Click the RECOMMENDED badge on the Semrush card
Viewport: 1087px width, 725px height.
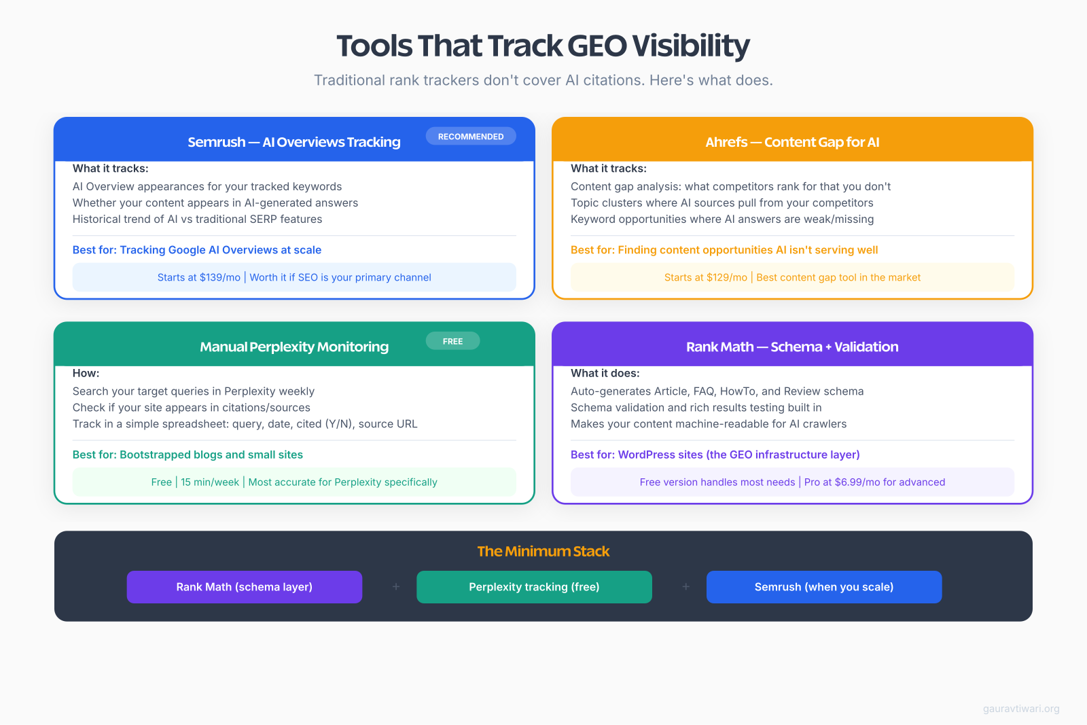pos(471,137)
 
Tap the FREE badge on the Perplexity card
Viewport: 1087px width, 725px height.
pos(452,341)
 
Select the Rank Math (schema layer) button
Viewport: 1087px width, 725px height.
pos(245,587)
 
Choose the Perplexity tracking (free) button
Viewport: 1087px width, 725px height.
pos(534,587)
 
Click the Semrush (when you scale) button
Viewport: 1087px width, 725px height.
pos(824,587)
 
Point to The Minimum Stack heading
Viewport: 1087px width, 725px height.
pos(543,551)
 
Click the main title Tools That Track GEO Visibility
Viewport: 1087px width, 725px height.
pos(543,46)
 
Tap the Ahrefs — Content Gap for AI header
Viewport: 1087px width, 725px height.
pos(792,142)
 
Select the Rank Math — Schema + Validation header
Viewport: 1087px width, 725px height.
pos(792,347)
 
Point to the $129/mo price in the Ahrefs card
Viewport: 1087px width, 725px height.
pos(727,277)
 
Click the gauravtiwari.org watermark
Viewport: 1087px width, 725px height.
pos(1021,709)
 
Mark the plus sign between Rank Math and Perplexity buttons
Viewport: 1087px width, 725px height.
pos(396,586)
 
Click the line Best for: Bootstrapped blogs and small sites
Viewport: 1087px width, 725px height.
pos(188,455)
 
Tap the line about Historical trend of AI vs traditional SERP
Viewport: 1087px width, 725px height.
pos(198,219)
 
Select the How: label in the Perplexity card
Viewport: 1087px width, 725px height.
pos(86,373)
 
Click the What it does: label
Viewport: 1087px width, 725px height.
pos(605,373)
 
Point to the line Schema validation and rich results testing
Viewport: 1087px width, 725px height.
pos(696,408)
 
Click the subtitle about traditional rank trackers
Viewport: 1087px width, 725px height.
pos(543,80)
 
